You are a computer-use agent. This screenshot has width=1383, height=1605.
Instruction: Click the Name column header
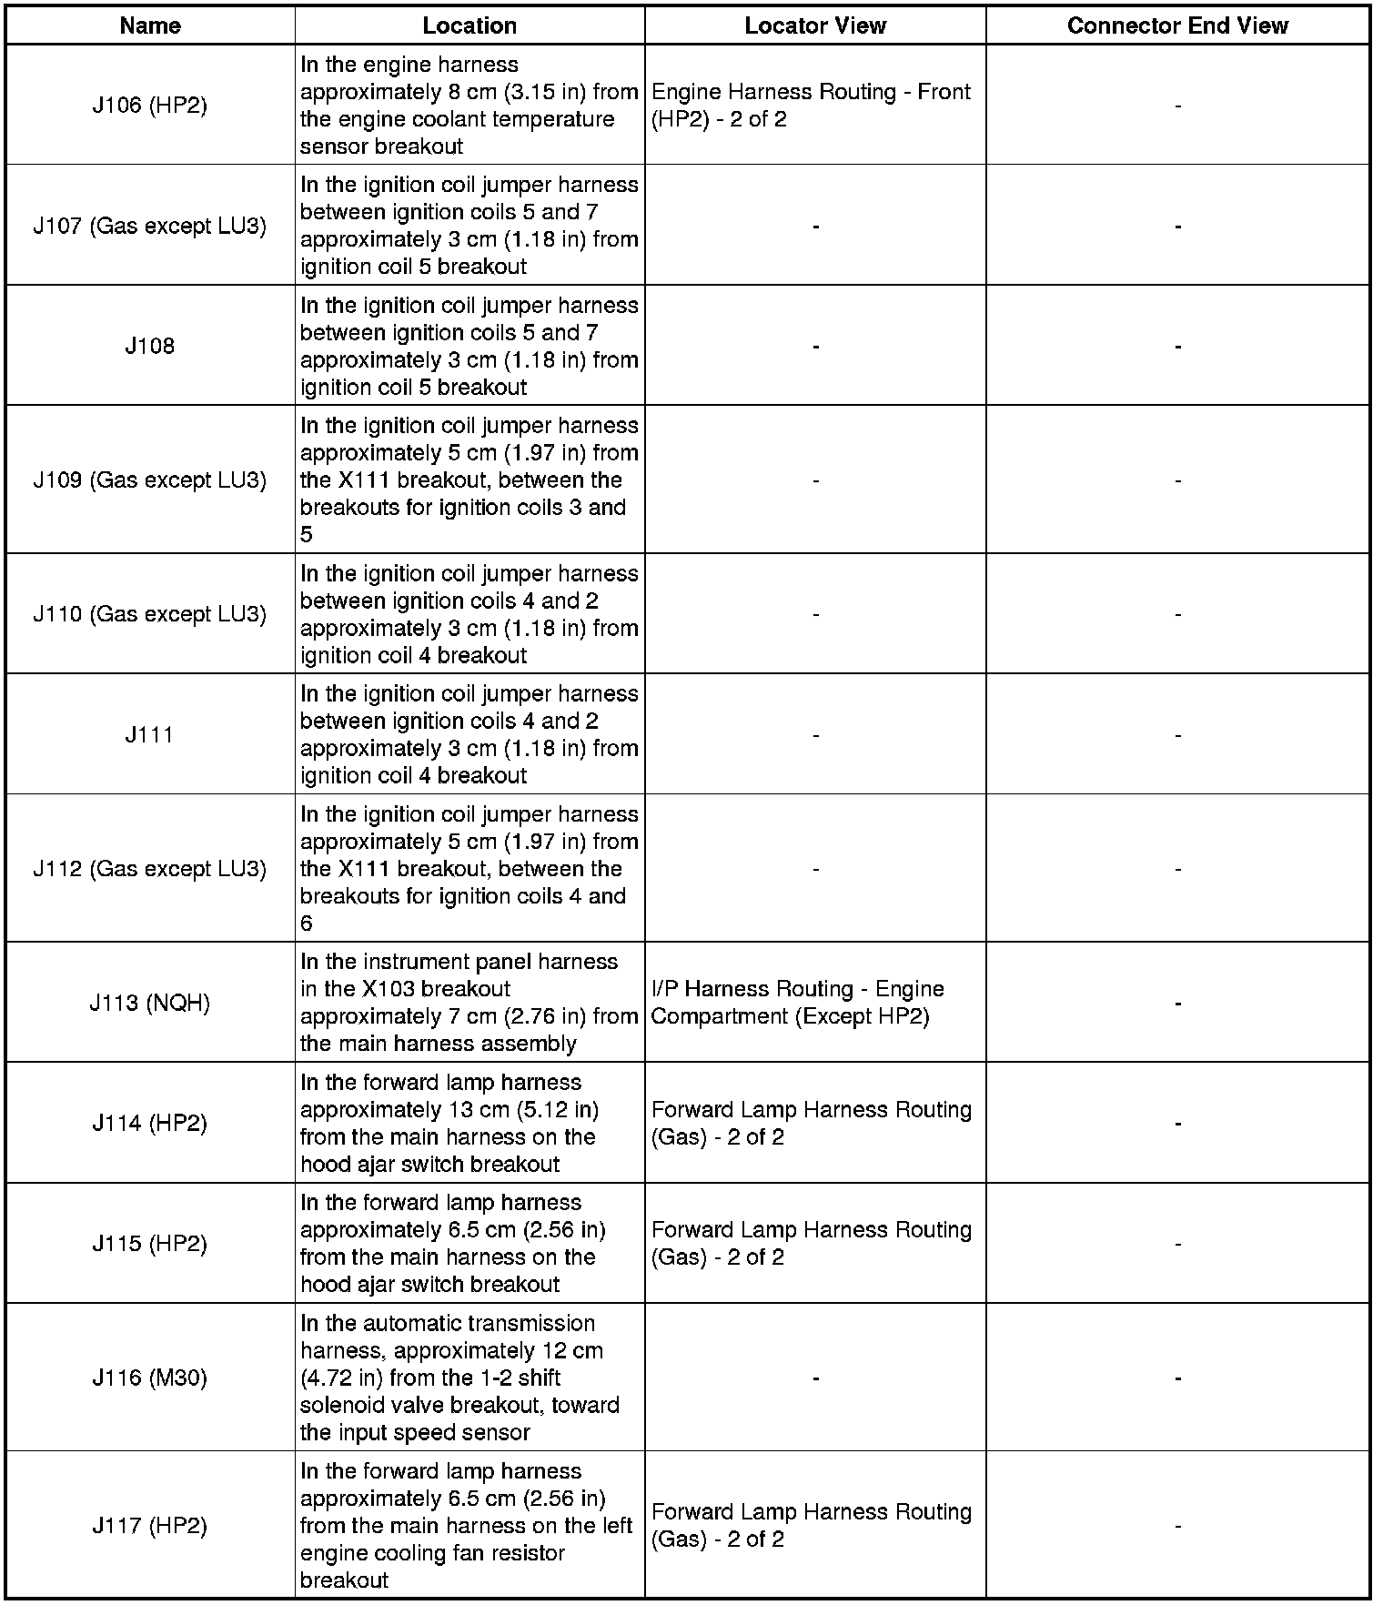[150, 25]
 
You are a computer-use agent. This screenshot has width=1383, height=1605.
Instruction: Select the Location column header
[469, 25]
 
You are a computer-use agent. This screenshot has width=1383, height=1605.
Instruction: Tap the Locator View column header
[815, 25]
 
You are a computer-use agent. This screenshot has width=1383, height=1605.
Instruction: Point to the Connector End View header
[1177, 25]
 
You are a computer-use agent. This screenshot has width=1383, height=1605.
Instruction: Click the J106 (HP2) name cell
[150, 106]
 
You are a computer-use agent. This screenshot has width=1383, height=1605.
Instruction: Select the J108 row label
[150, 346]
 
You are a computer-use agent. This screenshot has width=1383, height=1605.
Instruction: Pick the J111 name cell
[150, 734]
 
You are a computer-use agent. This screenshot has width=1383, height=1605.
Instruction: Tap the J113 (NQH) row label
[150, 1003]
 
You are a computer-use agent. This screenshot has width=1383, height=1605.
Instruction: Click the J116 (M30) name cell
[150, 1378]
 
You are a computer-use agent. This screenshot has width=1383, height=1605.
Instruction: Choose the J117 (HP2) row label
[150, 1525]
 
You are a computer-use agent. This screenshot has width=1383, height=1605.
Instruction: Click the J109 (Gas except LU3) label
[150, 479]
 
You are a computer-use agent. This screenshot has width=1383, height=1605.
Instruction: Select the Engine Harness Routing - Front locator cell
[811, 106]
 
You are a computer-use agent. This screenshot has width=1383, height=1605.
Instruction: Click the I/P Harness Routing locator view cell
[798, 1003]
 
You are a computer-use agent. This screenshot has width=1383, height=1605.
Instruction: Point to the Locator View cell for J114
[811, 1123]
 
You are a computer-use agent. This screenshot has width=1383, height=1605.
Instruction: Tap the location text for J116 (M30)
[460, 1378]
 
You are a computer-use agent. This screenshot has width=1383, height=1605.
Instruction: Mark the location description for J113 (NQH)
[469, 1003]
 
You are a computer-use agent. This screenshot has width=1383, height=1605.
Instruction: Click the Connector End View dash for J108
[1177, 347]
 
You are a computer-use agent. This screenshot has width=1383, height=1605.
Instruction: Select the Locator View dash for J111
[815, 735]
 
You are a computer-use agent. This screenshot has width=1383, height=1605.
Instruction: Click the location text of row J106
[469, 106]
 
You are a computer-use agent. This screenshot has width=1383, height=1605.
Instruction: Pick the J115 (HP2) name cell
[150, 1243]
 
